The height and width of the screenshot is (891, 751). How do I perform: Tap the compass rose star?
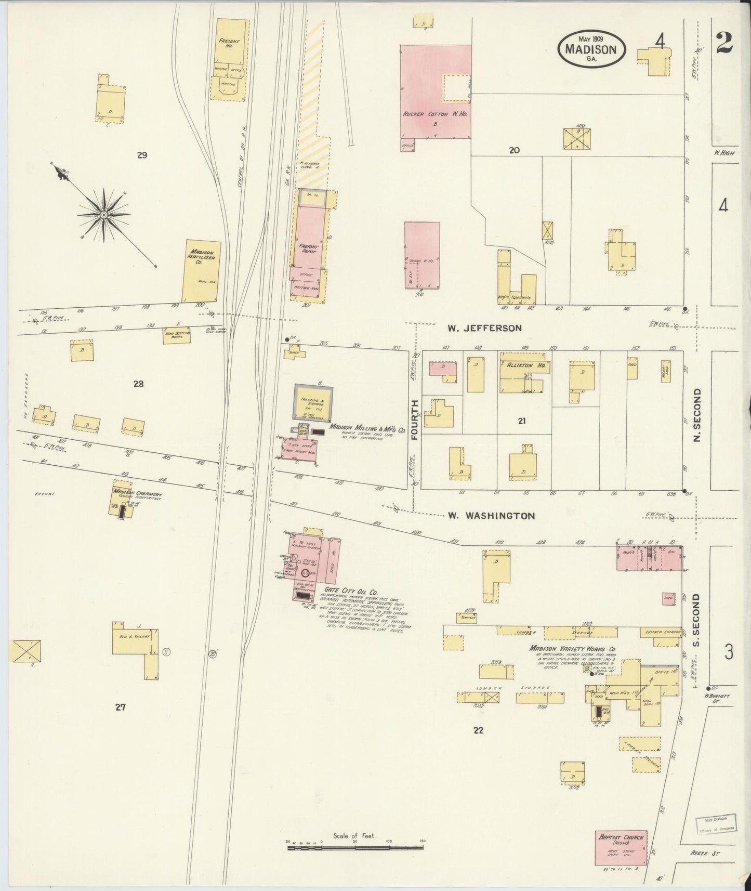tap(104, 214)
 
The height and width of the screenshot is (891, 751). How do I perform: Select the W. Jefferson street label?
tap(484, 328)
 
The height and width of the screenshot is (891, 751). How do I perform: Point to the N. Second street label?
tap(698, 415)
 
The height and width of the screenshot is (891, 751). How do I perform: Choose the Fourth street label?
tap(415, 420)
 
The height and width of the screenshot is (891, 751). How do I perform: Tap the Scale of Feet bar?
tap(355, 848)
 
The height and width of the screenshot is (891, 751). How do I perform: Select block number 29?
tap(141, 154)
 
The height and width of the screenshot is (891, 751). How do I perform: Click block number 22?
tap(478, 730)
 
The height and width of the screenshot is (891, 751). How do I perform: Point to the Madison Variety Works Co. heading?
tap(572, 649)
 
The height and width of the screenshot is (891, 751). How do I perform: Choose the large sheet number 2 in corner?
tap(724, 43)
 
